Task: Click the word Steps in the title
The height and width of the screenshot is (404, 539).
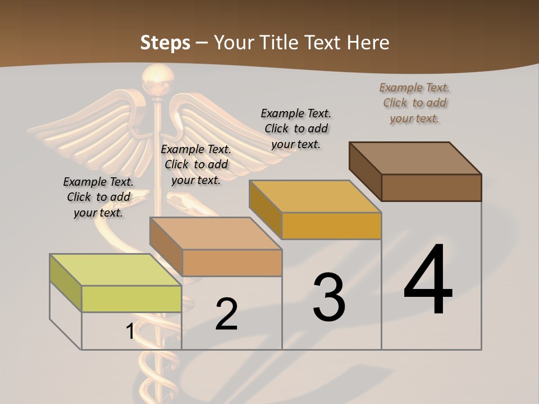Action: [165, 43]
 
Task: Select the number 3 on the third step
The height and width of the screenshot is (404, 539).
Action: [329, 298]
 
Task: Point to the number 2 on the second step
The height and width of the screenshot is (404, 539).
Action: [226, 314]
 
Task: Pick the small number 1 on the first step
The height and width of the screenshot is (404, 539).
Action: [130, 332]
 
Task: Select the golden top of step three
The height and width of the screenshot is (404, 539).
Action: [315, 196]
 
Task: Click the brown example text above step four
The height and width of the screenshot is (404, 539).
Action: [414, 103]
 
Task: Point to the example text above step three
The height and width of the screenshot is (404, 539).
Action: [296, 128]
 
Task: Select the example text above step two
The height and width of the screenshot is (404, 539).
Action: [196, 164]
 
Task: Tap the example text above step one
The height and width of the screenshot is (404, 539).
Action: [98, 197]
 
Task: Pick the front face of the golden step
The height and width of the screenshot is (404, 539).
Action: [331, 226]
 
